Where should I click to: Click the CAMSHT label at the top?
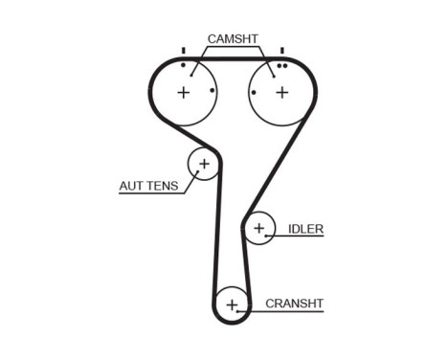click(232, 39)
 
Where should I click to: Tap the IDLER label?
click(305, 229)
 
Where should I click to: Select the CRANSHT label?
click(294, 304)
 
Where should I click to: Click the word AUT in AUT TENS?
click(131, 186)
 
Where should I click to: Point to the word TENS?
click(163, 186)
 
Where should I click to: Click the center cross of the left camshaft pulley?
click(183, 93)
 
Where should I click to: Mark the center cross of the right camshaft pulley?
click(281, 93)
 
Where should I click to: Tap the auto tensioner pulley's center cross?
click(203, 164)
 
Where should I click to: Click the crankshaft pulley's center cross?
click(231, 304)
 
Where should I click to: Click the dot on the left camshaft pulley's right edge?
click(212, 93)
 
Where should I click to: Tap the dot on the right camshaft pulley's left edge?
click(253, 93)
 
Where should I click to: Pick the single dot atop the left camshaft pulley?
click(182, 65)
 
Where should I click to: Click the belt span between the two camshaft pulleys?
click(232, 58)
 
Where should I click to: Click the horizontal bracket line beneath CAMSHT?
click(232, 48)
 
